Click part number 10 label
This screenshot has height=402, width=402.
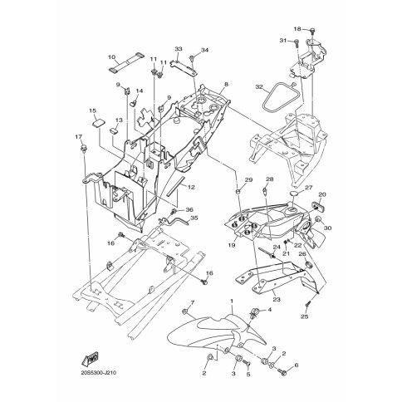coord(111,57)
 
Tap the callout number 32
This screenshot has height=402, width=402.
coord(259,87)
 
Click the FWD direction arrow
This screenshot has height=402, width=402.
coord(91,359)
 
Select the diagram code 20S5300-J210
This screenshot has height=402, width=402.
coord(98,373)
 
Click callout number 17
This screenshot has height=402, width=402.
coord(79,136)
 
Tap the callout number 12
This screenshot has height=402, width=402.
coord(191,187)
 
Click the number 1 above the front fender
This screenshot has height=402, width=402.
coord(232,301)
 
